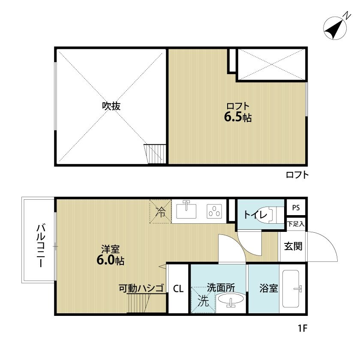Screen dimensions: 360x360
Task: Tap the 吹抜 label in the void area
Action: click(111, 106)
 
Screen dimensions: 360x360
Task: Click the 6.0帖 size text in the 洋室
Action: click(110, 260)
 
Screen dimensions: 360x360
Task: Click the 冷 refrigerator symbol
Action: click(161, 212)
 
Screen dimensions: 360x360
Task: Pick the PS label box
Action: click(296, 208)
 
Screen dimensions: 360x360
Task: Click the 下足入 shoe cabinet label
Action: click(296, 224)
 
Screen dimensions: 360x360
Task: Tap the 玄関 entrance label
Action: click(293, 246)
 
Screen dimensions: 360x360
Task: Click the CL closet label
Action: click(178, 289)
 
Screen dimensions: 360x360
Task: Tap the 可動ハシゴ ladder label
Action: click(141, 289)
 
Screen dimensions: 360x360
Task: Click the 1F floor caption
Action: click(303, 329)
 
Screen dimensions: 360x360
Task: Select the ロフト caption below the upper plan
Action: click(297, 175)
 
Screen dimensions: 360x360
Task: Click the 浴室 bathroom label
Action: click(269, 289)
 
